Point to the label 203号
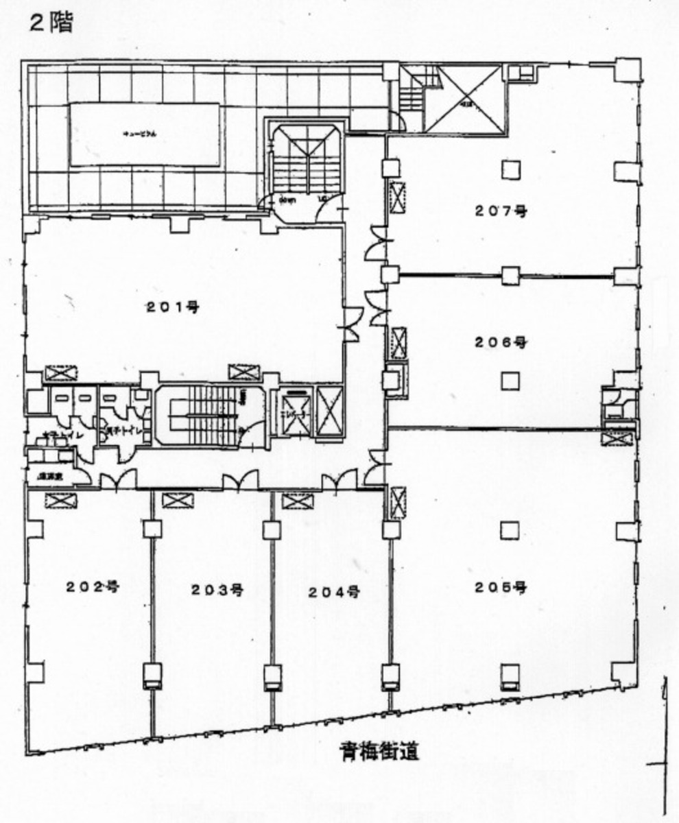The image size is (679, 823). pos(217,590)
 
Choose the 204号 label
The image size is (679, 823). pos(333,591)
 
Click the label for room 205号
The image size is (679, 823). pos(500,587)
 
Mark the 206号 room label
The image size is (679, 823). pos(501,342)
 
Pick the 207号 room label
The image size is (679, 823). pos(501,211)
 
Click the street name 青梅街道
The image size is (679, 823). pos(379,752)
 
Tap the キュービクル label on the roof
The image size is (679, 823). pos(145,135)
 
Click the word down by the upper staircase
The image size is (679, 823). pos(286,200)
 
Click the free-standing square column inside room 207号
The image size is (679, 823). pos(509,169)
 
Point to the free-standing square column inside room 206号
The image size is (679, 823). pos(509,380)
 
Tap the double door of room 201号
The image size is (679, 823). pos(352,324)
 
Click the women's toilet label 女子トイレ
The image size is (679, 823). pos(44,436)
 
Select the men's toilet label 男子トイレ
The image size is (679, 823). pos(124,431)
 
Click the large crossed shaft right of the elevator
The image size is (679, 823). pos(328,411)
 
